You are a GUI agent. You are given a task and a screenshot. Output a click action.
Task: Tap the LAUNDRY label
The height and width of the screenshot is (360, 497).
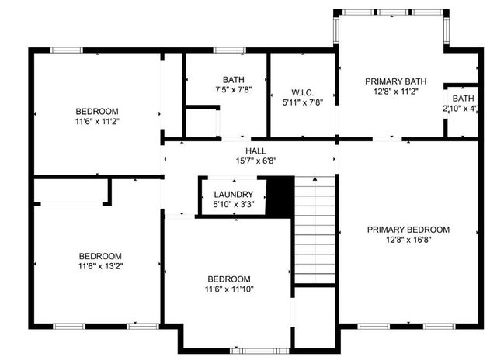(x=234, y=195)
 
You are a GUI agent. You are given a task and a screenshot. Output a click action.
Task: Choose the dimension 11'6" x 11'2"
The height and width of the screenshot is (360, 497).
(x=97, y=121)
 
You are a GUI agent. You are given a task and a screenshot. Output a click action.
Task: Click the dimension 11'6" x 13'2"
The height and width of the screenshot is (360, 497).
(x=100, y=266)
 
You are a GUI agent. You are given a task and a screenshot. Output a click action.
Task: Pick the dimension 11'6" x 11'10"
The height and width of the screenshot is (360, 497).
(x=228, y=289)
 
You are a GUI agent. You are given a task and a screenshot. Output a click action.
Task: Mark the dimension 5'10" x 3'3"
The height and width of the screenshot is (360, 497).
(x=234, y=205)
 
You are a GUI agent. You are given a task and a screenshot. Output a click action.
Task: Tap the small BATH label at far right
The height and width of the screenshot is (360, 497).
(x=464, y=99)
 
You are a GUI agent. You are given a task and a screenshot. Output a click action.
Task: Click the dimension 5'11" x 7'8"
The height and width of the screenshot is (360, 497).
(x=301, y=101)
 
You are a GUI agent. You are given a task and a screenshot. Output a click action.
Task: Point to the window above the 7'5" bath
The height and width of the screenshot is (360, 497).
(x=226, y=50)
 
